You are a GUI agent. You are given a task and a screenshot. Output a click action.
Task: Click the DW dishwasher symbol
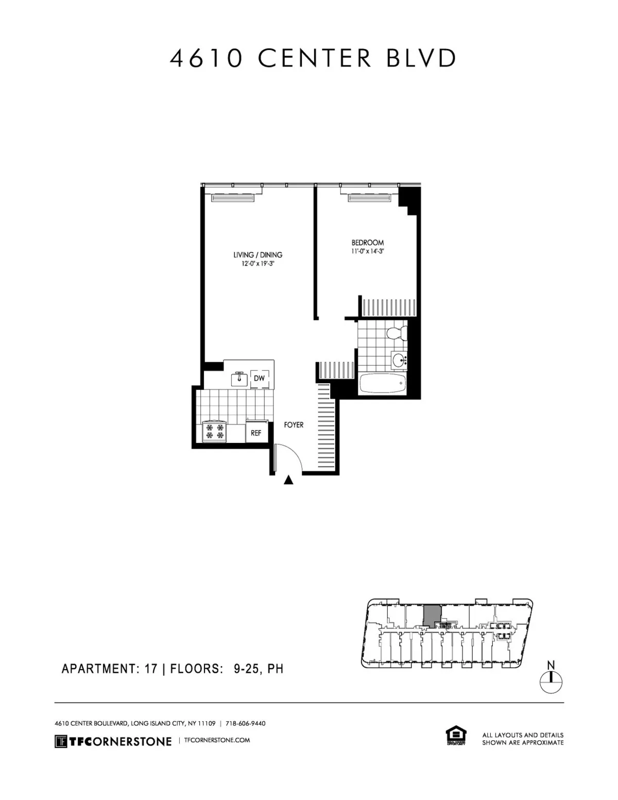[259, 379]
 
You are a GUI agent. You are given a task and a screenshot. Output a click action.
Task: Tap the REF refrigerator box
[256, 433]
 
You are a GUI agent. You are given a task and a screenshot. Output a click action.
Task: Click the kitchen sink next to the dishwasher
[239, 379]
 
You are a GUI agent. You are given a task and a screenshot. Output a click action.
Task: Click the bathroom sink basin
[398, 360]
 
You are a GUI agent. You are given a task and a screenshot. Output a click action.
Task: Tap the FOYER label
[294, 425]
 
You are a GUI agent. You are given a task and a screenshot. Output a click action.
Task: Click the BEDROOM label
[368, 243]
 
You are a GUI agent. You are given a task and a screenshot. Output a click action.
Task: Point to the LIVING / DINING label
[258, 255]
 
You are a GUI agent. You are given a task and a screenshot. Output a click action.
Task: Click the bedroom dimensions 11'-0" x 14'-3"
[368, 251]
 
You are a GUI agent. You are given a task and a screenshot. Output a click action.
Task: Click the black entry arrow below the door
[289, 480]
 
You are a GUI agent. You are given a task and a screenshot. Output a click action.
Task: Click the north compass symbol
[551, 681]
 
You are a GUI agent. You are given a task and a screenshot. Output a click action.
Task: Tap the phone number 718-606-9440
[246, 723]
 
